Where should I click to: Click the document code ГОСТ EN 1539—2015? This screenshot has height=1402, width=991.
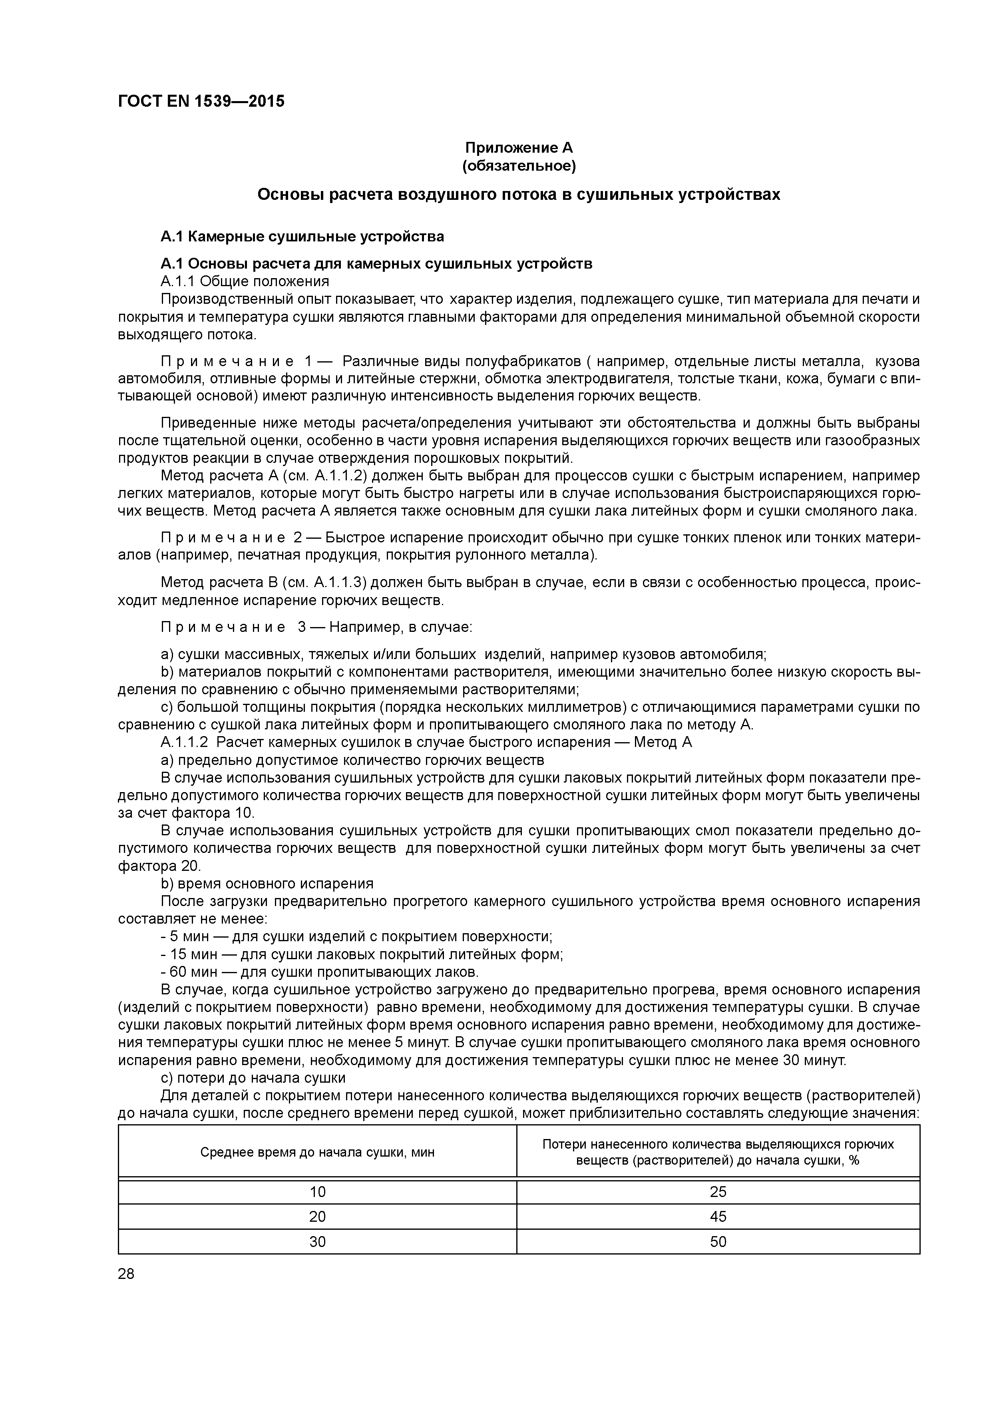(x=201, y=102)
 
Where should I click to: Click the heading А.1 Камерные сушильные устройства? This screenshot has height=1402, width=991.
(x=302, y=236)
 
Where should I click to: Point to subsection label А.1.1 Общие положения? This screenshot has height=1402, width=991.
(x=244, y=281)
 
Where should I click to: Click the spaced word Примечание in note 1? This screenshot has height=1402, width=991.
(x=223, y=362)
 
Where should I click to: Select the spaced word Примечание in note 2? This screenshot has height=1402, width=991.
(x=223, y=538)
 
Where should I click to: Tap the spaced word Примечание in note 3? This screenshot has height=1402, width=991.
(x=223, y=627)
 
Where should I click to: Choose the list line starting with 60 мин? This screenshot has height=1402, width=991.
(x=320, y=972)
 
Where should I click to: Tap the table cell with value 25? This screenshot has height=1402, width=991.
(x=718, y=1192)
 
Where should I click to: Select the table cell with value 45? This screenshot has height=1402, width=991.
(x=718, y=1217)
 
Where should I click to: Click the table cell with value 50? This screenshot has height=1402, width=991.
(x=718, y=1241)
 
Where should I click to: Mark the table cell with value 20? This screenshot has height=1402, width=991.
(x=318, y=1217)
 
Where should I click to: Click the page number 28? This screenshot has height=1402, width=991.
(x=126, y=1274)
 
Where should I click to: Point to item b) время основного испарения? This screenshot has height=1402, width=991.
(x=267, y=884)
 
